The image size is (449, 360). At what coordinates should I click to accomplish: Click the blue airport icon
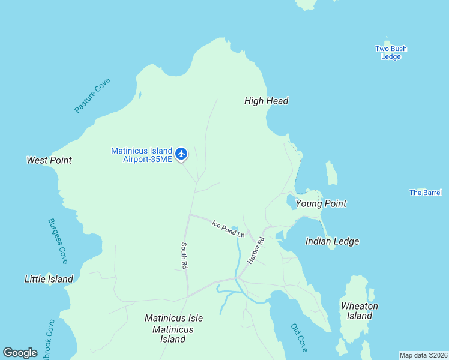181,154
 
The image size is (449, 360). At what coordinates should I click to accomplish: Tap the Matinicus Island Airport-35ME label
142,155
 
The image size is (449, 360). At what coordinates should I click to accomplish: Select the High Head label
266,101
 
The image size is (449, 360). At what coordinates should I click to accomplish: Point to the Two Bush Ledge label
391,53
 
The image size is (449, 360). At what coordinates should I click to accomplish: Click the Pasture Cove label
92,95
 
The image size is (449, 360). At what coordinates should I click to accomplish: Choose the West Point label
49,160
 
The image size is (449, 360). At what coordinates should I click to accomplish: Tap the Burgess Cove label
58,241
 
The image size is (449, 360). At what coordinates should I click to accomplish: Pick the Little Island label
49,279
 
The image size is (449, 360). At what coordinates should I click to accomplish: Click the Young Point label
321,203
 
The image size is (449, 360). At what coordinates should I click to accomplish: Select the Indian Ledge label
332,241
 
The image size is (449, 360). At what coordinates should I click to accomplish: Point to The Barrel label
426,193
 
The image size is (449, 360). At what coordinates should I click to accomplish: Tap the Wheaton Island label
359,311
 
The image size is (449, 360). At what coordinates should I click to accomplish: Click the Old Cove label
298,337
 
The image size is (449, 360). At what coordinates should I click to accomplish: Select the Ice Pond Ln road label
228,228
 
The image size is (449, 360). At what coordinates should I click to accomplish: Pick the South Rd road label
185,256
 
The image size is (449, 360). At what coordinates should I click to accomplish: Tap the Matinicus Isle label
173,318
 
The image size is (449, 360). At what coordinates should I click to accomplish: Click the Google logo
20,353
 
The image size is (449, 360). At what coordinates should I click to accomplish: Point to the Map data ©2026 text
423,355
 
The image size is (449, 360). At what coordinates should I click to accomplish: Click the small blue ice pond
235,228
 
